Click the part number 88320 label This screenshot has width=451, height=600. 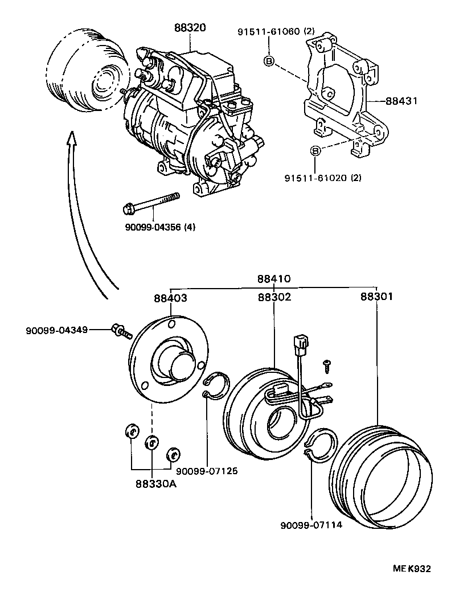(190, 27)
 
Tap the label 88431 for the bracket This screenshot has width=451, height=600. (401, 101)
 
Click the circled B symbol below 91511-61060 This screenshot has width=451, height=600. (269, 61)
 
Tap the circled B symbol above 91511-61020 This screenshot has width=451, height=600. (317, 151)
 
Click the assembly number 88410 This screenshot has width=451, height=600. (273, 280)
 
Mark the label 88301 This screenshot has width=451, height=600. (376, 297)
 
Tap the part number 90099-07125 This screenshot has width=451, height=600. (207, 471)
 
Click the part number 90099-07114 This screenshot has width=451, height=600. (311, 525)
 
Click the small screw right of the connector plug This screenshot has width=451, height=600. (328, 362)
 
